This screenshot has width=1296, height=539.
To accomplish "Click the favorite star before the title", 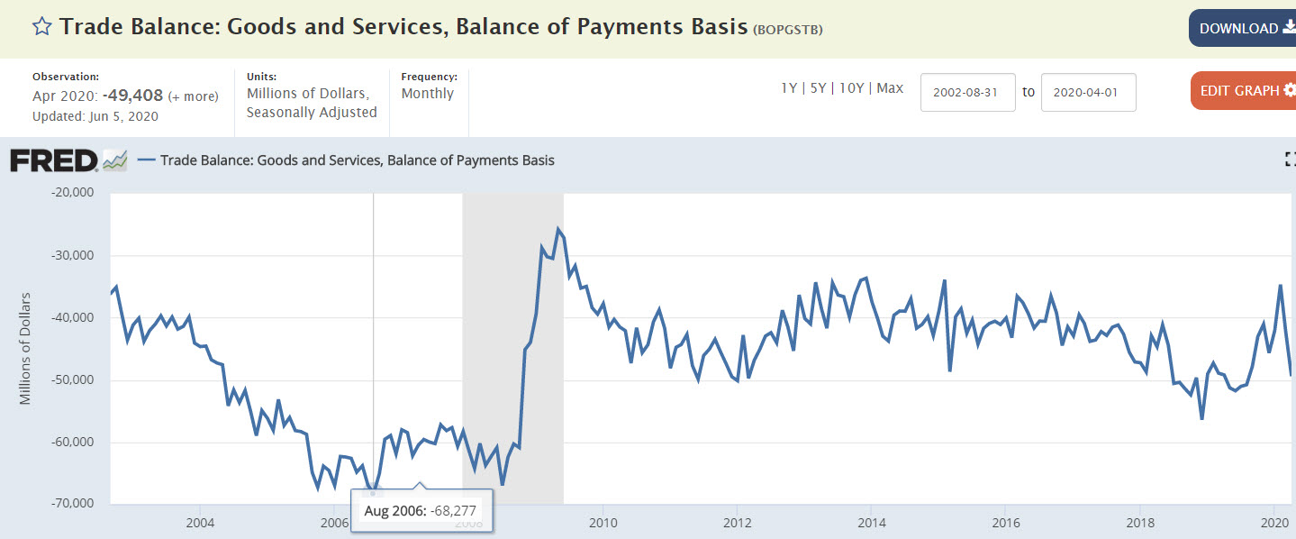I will click(41, 26).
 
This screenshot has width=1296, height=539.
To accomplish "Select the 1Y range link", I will click(789, 88).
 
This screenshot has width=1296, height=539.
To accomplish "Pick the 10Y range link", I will click(852, 88).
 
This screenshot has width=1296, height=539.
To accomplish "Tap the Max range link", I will click(890, 88).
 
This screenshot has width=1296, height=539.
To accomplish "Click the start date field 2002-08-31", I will click(967, 92).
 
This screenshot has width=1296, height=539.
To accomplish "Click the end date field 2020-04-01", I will click(1088, 92).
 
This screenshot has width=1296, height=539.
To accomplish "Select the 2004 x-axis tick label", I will click(200, 522).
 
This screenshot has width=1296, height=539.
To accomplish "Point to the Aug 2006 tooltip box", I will click(421, 511).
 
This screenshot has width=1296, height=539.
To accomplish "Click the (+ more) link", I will click(193, 96).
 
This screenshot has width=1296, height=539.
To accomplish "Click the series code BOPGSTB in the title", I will click(787, 29).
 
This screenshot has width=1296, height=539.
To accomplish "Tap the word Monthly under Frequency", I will click(428, 94).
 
